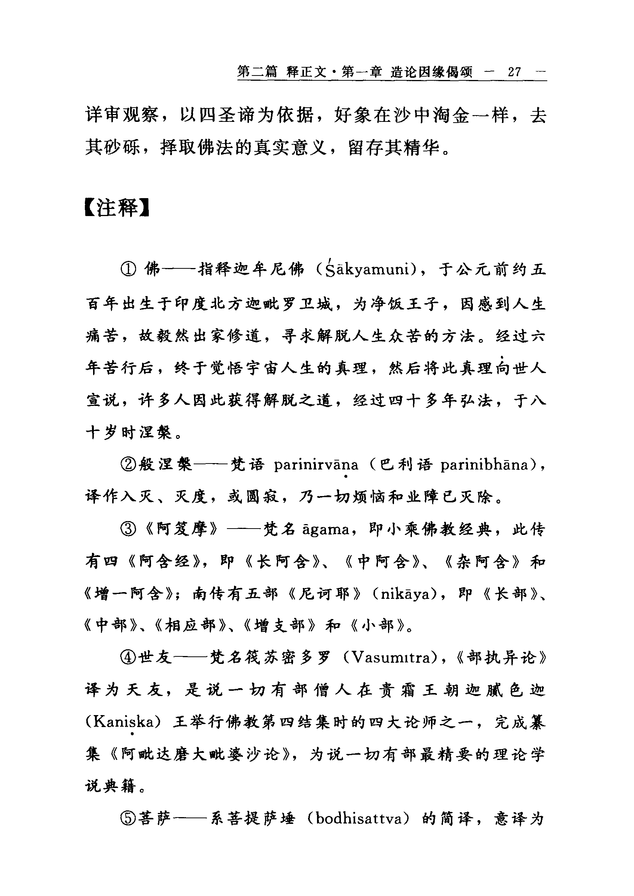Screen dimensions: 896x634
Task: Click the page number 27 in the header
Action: (x=514, y=72)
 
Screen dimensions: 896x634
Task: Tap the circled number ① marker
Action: (x=129, y=269)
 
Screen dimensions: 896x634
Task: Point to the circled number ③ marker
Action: (x=129, y=530)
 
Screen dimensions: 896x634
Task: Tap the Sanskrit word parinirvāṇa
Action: (x=316, y=465)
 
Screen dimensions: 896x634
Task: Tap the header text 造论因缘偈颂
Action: (x=431, y=72)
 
